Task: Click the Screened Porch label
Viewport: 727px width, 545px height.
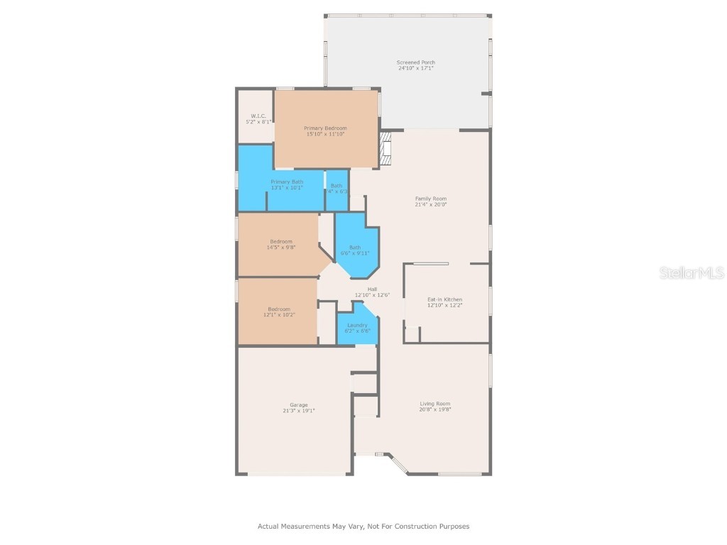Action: (415, 62)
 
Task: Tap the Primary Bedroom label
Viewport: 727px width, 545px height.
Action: (325, 128)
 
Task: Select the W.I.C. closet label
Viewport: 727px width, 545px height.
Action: (258, 116)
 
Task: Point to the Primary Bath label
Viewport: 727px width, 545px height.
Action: (287, 182)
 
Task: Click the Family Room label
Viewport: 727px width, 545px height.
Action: (431, 199)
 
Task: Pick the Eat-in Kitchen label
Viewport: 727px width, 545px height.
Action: (444, 299)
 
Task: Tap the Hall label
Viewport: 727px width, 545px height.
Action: (372, 289)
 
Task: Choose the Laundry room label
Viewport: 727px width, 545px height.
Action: (357, 325)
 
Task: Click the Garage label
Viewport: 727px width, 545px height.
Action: (298, 404)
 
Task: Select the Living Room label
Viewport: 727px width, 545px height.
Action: (435, 403)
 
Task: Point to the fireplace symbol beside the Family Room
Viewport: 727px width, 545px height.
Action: (386, 148)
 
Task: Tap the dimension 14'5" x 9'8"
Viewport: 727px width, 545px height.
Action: (281, 248)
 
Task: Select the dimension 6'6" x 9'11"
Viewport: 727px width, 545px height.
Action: (355, 253)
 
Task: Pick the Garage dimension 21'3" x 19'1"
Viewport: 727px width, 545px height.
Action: (298, 410)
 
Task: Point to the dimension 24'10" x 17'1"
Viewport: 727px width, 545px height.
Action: (415, 68)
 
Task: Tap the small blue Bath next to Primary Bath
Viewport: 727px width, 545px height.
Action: (337, 185)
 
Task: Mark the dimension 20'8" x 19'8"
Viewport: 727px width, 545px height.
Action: (435, 409)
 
